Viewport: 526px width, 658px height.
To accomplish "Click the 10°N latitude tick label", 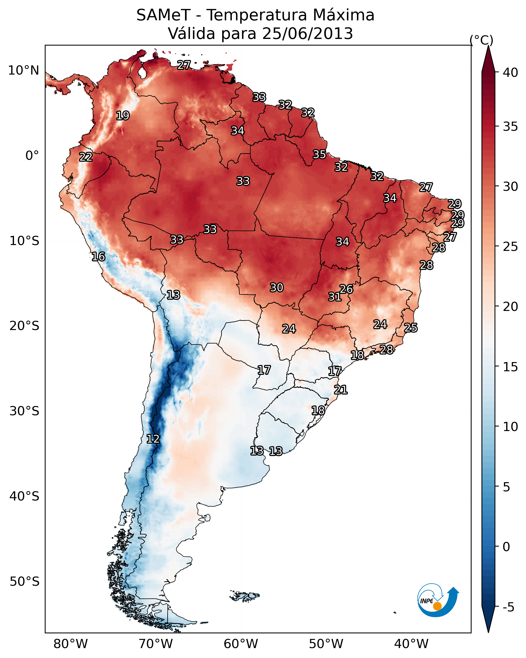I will coord(23,70).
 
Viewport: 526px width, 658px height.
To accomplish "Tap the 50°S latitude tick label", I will coord(24,582).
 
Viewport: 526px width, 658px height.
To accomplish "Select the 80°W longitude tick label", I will coord(70,644).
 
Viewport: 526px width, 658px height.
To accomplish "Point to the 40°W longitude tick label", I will coord(411,644).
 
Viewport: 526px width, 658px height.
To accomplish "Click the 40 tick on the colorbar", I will coord(510,73).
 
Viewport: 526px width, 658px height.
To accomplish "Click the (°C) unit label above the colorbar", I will coord(481,40).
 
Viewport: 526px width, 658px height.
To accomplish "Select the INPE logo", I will coord(437,601).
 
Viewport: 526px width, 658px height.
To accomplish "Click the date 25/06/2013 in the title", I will coord(307,34).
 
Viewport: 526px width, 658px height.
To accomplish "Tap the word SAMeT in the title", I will coord(163,15).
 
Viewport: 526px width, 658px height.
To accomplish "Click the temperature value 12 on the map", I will coord(153,439).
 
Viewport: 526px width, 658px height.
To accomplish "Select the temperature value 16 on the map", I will coord(98,257).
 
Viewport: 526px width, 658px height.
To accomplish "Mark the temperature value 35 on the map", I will coord(319,154).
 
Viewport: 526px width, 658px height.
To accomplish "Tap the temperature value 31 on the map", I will coord(335,297).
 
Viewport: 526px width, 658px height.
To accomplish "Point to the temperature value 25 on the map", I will coord(411,328).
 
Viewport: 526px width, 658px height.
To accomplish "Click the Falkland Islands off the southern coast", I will coord(244,595).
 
